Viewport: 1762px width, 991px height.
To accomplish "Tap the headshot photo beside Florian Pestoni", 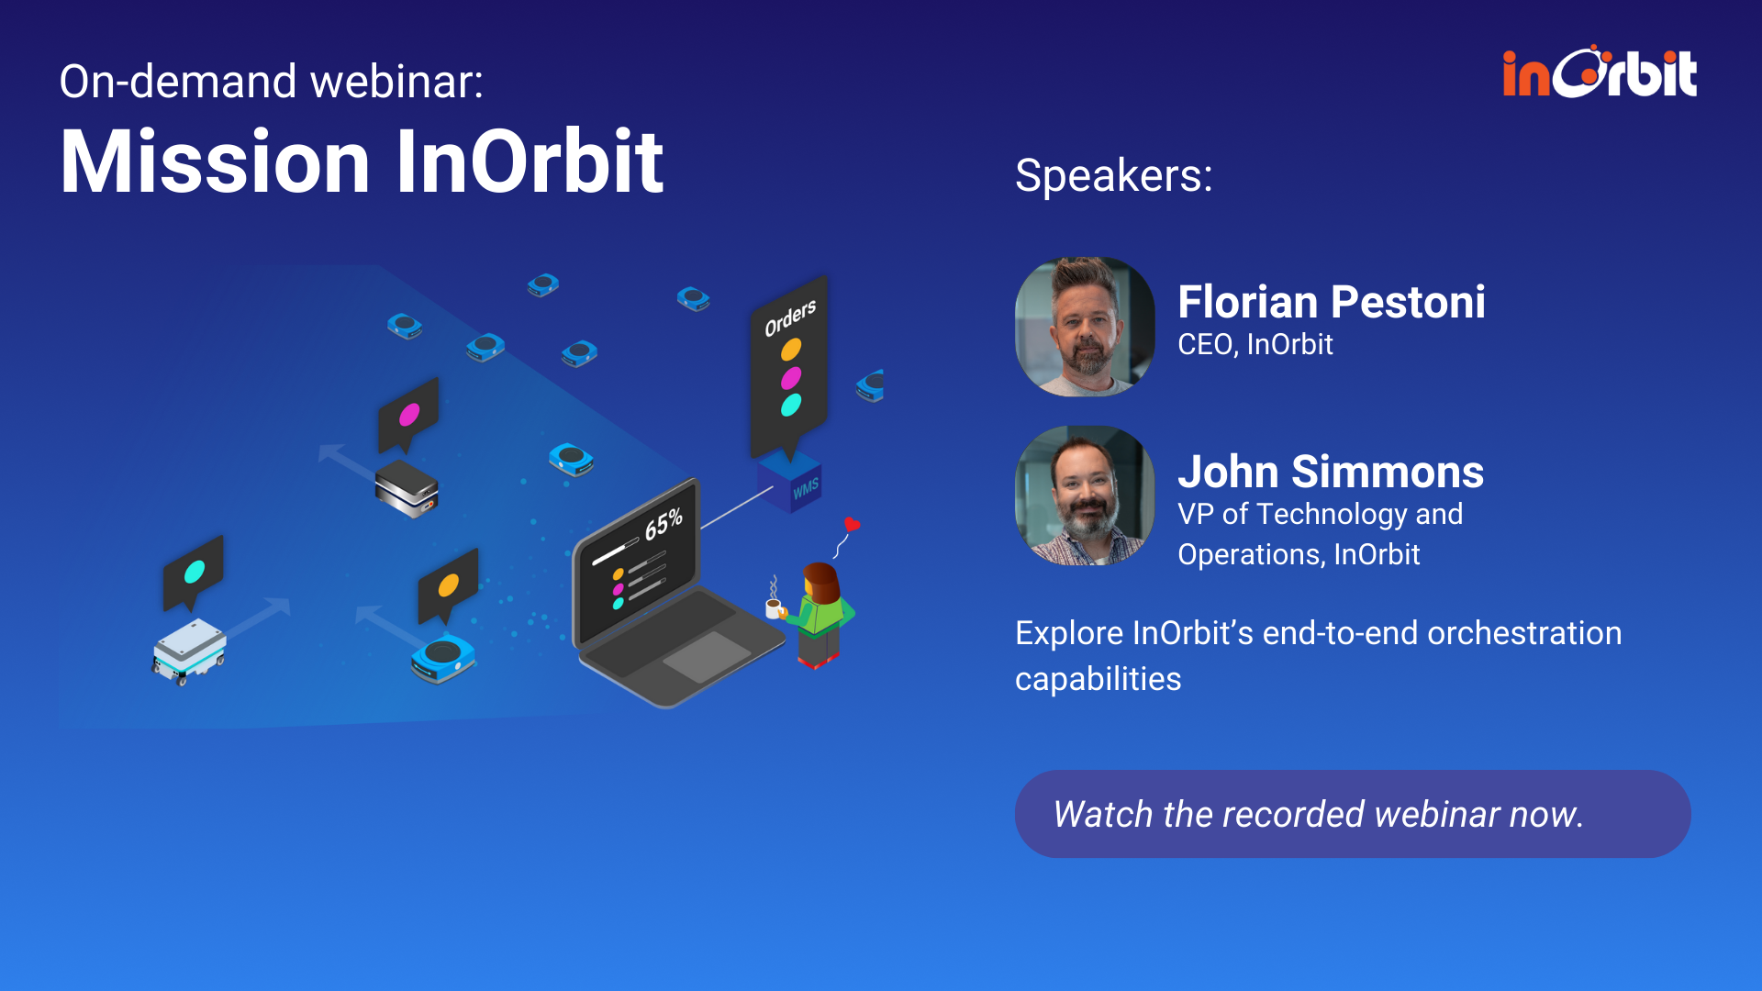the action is point(1085,327).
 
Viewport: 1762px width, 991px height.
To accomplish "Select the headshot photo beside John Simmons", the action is point(1085,495).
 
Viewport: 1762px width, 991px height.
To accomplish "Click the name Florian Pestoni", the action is point(1331,302).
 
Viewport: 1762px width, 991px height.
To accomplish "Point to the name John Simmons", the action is point(1331,472).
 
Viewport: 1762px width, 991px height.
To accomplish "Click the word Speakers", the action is point(1112,175).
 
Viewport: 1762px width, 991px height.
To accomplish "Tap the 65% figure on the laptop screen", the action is point(664,524).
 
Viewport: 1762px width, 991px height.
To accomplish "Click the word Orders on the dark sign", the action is point(790,317).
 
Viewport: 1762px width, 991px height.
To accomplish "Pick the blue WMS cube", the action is point(789,482).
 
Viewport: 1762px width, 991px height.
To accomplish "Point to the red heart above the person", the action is point(852,524).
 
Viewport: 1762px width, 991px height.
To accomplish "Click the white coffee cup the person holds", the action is point(774,607).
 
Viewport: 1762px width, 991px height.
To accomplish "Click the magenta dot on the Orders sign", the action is point(790,377).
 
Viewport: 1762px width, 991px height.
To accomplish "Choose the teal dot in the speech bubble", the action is point(195,572).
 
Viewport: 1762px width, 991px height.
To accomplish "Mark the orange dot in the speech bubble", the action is point(448,585).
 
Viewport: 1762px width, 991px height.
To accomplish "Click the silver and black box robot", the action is point(407,488).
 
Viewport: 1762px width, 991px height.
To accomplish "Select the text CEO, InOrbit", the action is point(1255,345).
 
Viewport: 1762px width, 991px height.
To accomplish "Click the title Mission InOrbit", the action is point(362,161).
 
